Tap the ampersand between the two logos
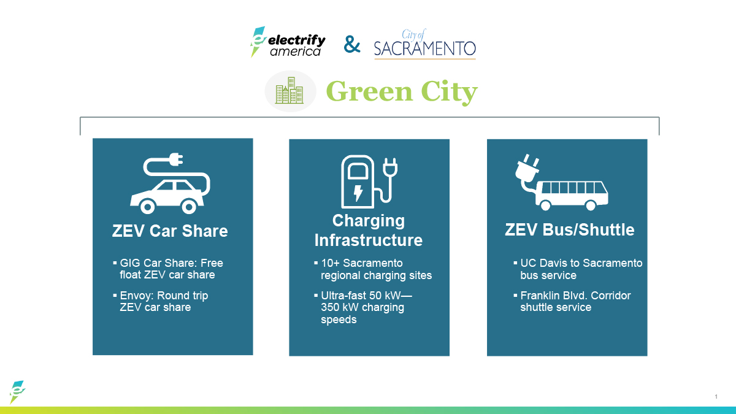click(352, 44)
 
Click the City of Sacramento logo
click(424, 44)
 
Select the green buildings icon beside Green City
click(289, 91)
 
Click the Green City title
click(401, 91)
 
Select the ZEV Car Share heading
click(170, 231)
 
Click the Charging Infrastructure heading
click(369, 230)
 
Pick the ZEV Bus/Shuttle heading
click(569, 230)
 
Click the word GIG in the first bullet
click(130, 263)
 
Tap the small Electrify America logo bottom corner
click(17, 391)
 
